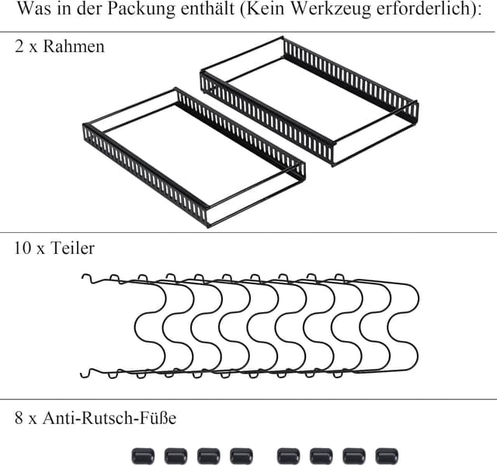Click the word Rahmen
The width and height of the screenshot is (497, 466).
74,47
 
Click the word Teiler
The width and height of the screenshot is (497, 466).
75,249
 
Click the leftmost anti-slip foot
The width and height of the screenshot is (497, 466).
142,455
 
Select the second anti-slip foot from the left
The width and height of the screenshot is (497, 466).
175,455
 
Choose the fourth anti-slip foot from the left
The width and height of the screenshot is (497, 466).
240,455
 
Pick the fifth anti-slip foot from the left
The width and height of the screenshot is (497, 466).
288,455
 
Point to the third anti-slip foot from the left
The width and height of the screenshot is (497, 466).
207,455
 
